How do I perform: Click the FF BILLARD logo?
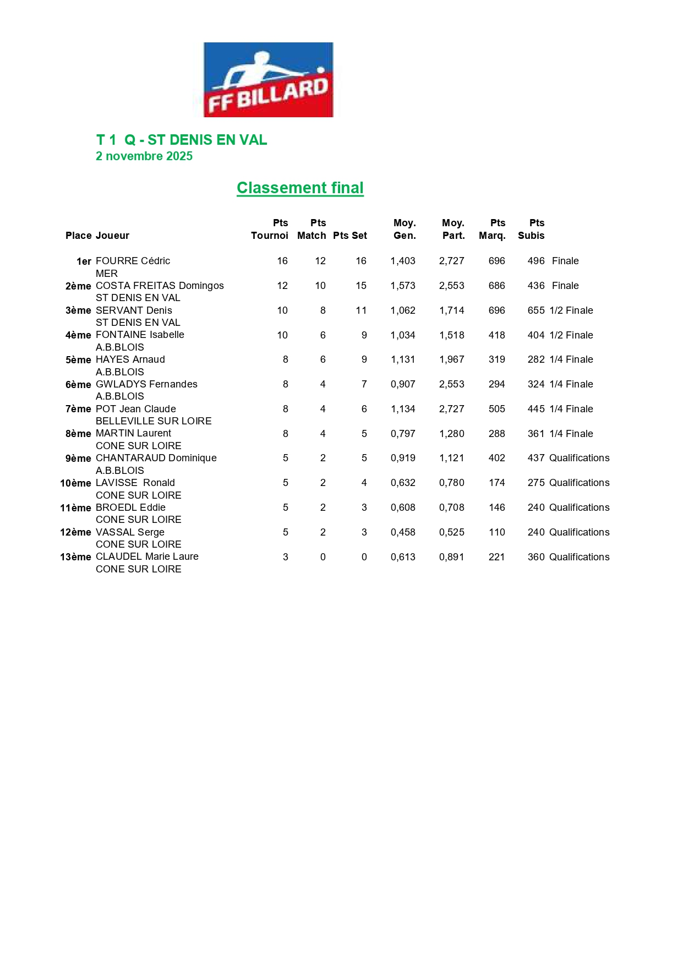click(268, 80)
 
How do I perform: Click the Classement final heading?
click(300, 188)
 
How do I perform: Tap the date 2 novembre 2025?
click(144, 156)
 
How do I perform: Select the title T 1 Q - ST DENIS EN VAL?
click(182, 140)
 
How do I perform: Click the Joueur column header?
click(113, 236)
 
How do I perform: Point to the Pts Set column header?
click(350, 236)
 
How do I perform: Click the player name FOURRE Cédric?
click(133, 261)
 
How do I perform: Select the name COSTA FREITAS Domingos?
click(160, 286)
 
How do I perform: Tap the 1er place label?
click(84, 261)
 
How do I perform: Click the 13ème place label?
click(76, 557)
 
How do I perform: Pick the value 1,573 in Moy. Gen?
click(403, 286)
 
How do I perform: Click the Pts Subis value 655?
click(536, 310)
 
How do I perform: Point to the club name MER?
click(107, 274)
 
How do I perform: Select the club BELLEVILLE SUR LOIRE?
click(154, 421)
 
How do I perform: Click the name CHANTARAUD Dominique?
click(156, 458)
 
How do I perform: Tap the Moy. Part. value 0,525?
click(451, 532)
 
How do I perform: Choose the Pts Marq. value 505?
click(496, 409)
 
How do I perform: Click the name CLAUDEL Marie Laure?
click(147, 556)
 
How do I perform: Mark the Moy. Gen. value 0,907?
click(403, 384)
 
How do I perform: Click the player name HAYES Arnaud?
click(130, 359)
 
